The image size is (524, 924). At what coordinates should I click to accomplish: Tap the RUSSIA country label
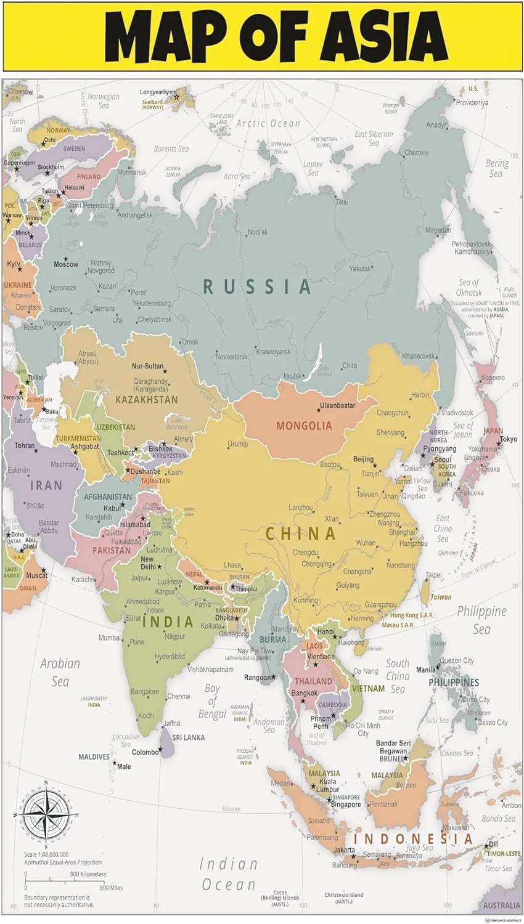257,286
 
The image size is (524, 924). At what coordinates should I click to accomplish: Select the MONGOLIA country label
304,426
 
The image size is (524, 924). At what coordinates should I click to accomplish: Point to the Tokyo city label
509,439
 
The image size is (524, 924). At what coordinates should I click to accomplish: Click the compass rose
45,813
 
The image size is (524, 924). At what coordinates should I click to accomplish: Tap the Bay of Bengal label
212,701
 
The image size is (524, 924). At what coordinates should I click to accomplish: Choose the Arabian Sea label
60,672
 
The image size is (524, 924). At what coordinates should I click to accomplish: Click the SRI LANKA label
188,737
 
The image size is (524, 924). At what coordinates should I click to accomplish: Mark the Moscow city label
66,264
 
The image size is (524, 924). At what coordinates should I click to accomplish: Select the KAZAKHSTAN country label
146,400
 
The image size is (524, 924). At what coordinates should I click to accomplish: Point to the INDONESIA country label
413,839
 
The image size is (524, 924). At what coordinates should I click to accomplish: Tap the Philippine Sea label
481,620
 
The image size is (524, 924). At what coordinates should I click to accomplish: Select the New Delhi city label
147,563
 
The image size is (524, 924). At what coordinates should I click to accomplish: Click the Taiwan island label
440,597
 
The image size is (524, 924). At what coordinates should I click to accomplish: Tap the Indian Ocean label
228,874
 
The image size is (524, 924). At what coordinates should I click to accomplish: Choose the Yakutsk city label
360,269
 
